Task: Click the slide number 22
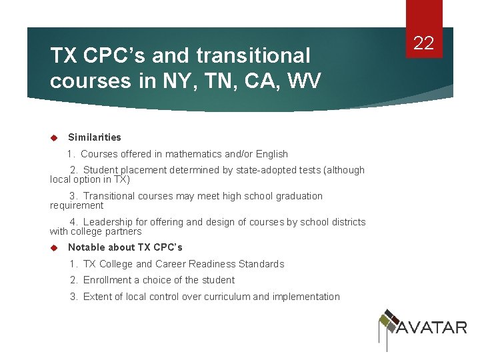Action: (424, 44)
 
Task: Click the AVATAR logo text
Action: (432, 327)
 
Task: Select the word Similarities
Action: (95, 137)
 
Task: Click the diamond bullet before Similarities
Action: (55, 138)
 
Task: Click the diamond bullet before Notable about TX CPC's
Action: (55, 247)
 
